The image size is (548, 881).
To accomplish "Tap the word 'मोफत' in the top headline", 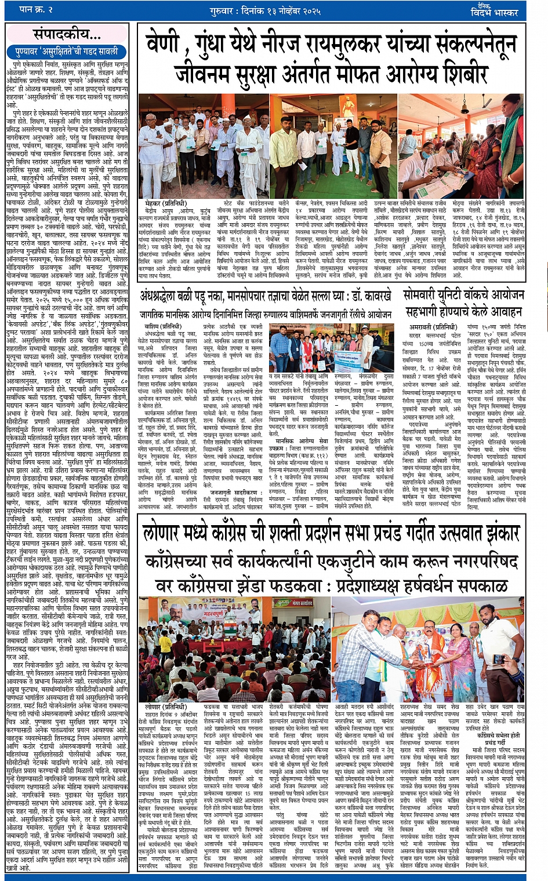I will coord(333,73).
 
